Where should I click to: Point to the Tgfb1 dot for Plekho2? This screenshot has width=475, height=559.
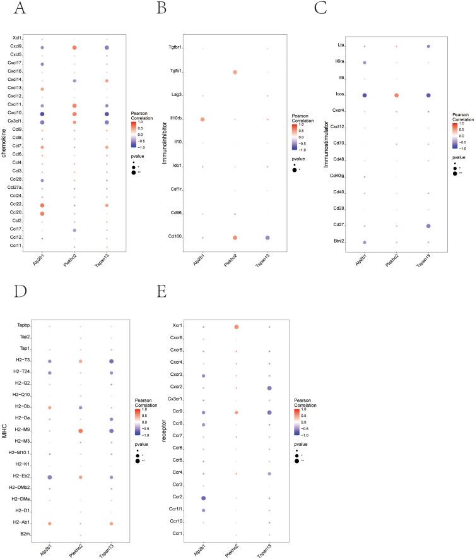(235, 73)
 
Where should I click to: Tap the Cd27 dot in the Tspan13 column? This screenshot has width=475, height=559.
(430, 225)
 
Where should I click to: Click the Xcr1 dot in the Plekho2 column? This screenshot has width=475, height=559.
(236, 327)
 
